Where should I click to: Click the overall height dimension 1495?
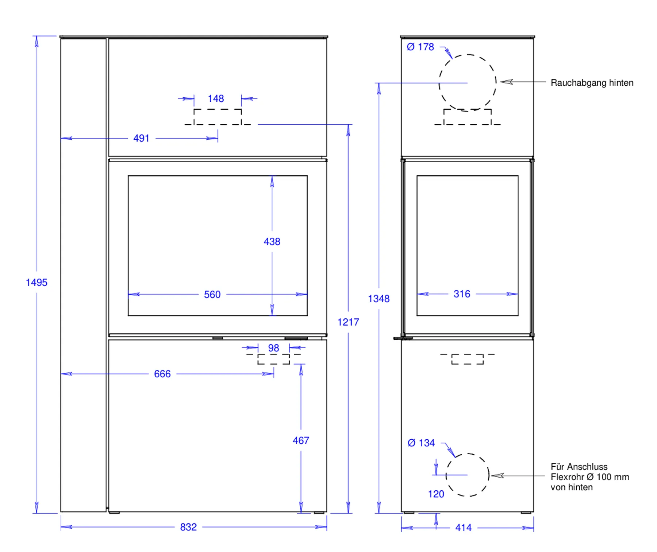coord(36,283)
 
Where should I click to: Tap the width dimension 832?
coord(188,527)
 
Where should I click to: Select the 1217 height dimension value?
coord(348,322)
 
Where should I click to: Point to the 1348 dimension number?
coord(379,299)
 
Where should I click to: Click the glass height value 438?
coord(272,242)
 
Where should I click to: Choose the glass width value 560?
coord(212,295)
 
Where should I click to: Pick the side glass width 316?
coord(462,294)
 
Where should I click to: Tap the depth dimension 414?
coord(463,528)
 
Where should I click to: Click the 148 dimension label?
coord(216,99)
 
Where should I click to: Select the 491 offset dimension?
coord(141,139)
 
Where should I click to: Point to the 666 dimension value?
coord(162,374)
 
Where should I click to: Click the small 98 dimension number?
coord(273,348)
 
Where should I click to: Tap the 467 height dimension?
coord(301,441)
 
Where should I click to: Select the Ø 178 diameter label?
coord(420,47)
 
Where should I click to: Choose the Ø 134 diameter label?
coord(421,443)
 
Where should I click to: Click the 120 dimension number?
coord(436,494)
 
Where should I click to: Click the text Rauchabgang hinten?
coord(592,83)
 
